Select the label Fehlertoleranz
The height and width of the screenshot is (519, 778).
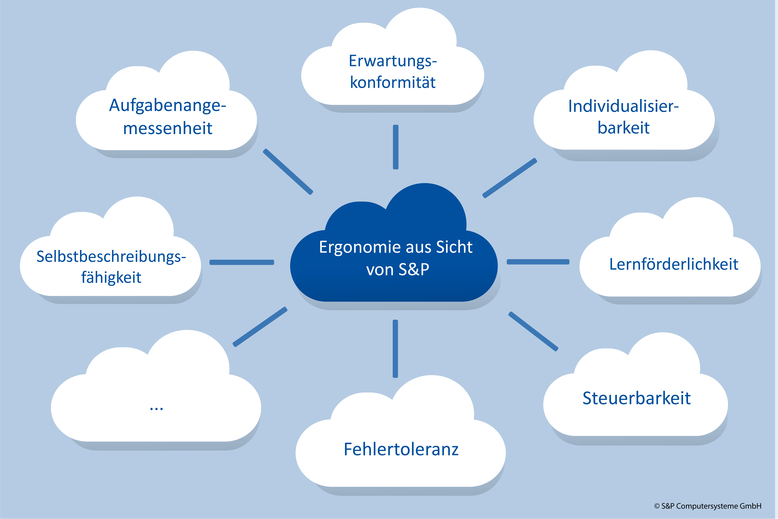point(401,449)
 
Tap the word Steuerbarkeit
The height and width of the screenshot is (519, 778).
point(636,398)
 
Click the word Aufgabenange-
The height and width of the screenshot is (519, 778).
point(168,106)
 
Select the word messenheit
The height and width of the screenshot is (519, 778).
point(168,128)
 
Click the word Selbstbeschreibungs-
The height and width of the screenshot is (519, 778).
point(111,257)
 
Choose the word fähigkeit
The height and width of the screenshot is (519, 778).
point(111,277)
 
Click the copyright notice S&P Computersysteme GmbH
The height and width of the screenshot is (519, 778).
point(708,506)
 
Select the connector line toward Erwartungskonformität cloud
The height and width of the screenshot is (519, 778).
point(396,147)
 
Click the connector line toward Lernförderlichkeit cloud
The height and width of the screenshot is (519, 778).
point(538,262)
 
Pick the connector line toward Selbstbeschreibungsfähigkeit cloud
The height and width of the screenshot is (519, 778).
point(242,262)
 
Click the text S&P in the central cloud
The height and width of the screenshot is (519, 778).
point(414,269)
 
